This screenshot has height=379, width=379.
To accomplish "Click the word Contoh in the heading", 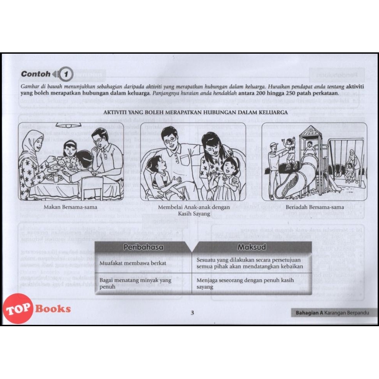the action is click(36, 74).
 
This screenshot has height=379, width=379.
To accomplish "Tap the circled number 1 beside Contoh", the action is click(66, 74).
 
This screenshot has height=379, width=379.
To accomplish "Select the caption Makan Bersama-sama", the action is click(70, 207).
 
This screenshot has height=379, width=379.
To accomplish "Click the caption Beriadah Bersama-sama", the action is click(315, 207).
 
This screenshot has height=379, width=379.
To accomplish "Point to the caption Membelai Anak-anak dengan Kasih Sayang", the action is click(194, 210).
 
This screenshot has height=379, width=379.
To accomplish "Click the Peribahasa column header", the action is click(143, 247).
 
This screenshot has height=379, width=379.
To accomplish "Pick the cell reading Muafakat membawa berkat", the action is click(133, 263).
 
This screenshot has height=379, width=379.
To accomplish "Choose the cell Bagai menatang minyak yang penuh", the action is click(135, 284).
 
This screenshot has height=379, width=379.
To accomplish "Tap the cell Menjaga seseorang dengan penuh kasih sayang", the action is click(245, 284).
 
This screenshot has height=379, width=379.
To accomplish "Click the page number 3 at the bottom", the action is click(193, 313).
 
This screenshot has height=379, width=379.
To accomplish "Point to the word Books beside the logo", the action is click(53, 309).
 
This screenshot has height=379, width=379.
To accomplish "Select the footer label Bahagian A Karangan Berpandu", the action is click(332, 313).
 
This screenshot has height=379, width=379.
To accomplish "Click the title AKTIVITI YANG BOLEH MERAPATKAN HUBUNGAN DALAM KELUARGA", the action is click(196, 112).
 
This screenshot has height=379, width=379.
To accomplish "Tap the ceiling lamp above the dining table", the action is click(68, 125).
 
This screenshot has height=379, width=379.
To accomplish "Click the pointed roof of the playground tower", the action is click(310, 131).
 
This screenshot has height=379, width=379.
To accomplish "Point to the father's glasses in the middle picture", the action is click(171, 140).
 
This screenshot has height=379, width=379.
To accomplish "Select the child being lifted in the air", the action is click(291, 150).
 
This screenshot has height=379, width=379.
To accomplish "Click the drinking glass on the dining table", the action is click(55, 179).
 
